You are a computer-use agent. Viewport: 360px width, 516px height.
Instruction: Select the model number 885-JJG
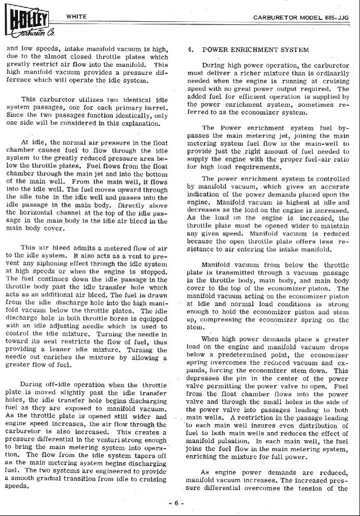click(x=338, y=18)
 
